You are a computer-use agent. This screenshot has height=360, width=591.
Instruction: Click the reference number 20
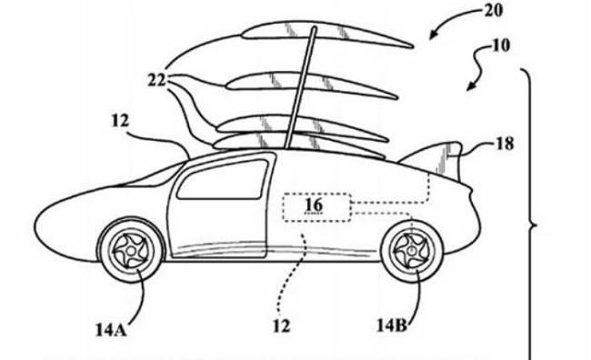(x=493, y=11)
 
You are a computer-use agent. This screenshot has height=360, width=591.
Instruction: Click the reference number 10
(x=500, y=45)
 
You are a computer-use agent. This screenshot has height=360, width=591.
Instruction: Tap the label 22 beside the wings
(x=156, y=80)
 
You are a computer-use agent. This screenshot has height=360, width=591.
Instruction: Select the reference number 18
(x=504, y=144)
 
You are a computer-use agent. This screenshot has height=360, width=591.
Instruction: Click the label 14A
(x=110, y=331)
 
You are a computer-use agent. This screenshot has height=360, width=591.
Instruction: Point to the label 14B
(x=392, y=325)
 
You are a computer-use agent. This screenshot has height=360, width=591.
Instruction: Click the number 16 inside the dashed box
(x=314, y=205)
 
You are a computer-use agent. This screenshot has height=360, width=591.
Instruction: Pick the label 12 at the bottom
(x=282, y=326)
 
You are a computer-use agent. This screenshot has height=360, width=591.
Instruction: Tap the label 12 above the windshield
(x=120, y=121)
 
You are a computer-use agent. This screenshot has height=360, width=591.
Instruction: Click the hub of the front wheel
(x=131, y=251)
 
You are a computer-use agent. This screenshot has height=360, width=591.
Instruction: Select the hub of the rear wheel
(x=412, y=250)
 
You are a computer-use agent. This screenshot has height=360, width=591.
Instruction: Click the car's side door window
(x=223, y=180)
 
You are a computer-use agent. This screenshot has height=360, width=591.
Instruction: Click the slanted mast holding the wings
(x=300, y=87)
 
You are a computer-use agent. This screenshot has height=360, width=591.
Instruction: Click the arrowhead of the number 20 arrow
(x=432, y=36)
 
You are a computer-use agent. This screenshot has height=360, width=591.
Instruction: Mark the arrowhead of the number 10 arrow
(x=470, y=87)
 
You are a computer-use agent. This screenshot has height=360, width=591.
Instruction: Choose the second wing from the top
(x=312, y=86)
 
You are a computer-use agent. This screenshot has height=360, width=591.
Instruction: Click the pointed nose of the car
(x=35, y=226)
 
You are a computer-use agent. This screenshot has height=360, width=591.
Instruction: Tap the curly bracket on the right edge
(x=532, y=226)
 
